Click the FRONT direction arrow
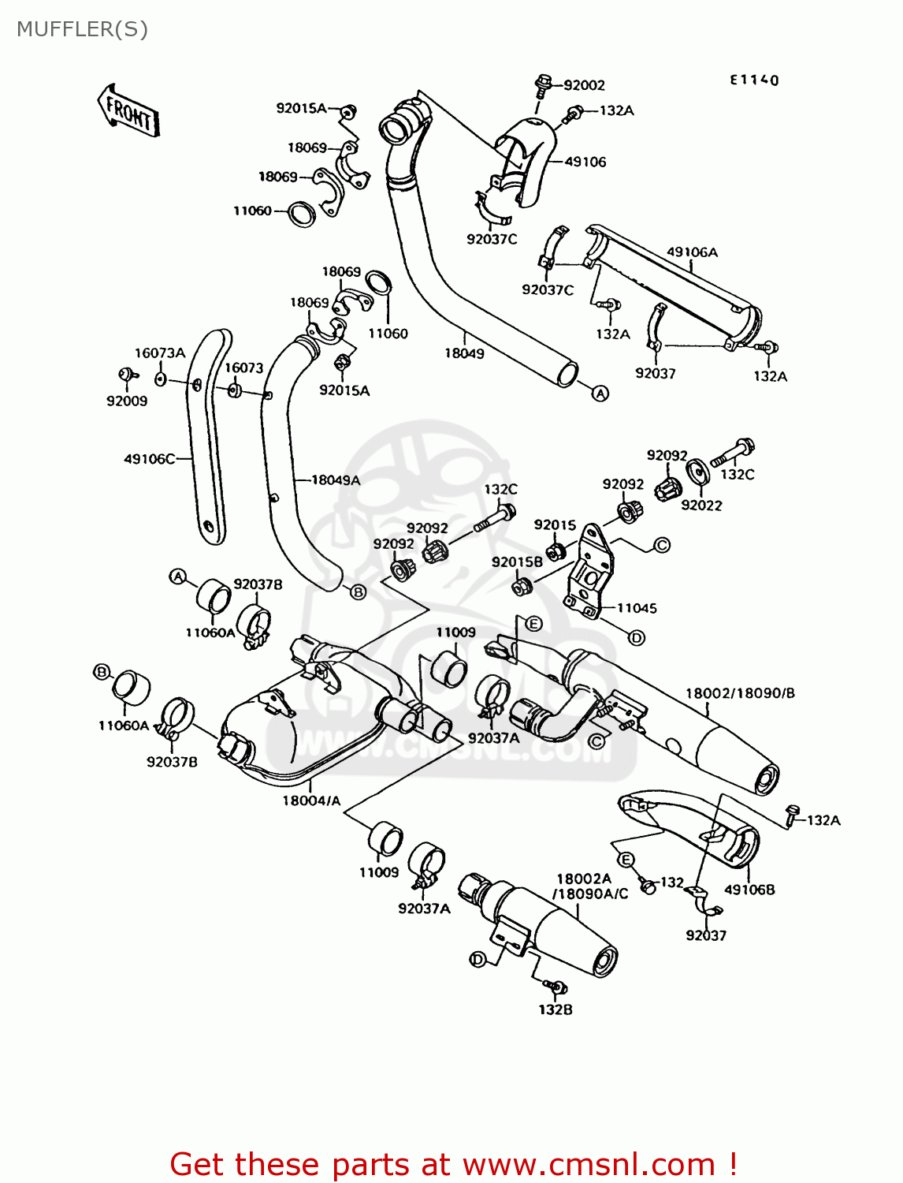pyautogui.click(x=128, y=111)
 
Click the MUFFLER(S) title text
pyautogui.click(x=82, y=29)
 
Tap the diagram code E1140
pyautogui.click(x=754, y=80)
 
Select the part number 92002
pyautogui.click(x=584, y=85)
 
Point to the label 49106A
pyautogui.click(x=692, y=252)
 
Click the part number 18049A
pyautogui.click(x=336, y=480)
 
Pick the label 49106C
pyautogui.click(x=150, y=458)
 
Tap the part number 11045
pyautogui.click(x=637, y=608)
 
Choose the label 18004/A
pyautogui.click(x=311, y=800)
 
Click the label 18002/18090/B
pyautogui.click(x=740, y=693)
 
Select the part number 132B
pyautogui.click(x=556, y=1009)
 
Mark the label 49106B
pyautogui.click(x=749, y=890)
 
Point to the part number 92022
pyautogui.click(x=701, y=506)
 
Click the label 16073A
pyautogui.click(x=159, y=353)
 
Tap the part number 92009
pyautogui.click(x=127, y=401)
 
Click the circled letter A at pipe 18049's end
pyautogui.click(x=600, y=393)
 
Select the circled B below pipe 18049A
pyautogui.click(x=359, y=591)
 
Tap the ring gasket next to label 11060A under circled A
pyautogui.click(x=213, y=597)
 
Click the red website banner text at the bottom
pyautogui.click(x=453, y=1164)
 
